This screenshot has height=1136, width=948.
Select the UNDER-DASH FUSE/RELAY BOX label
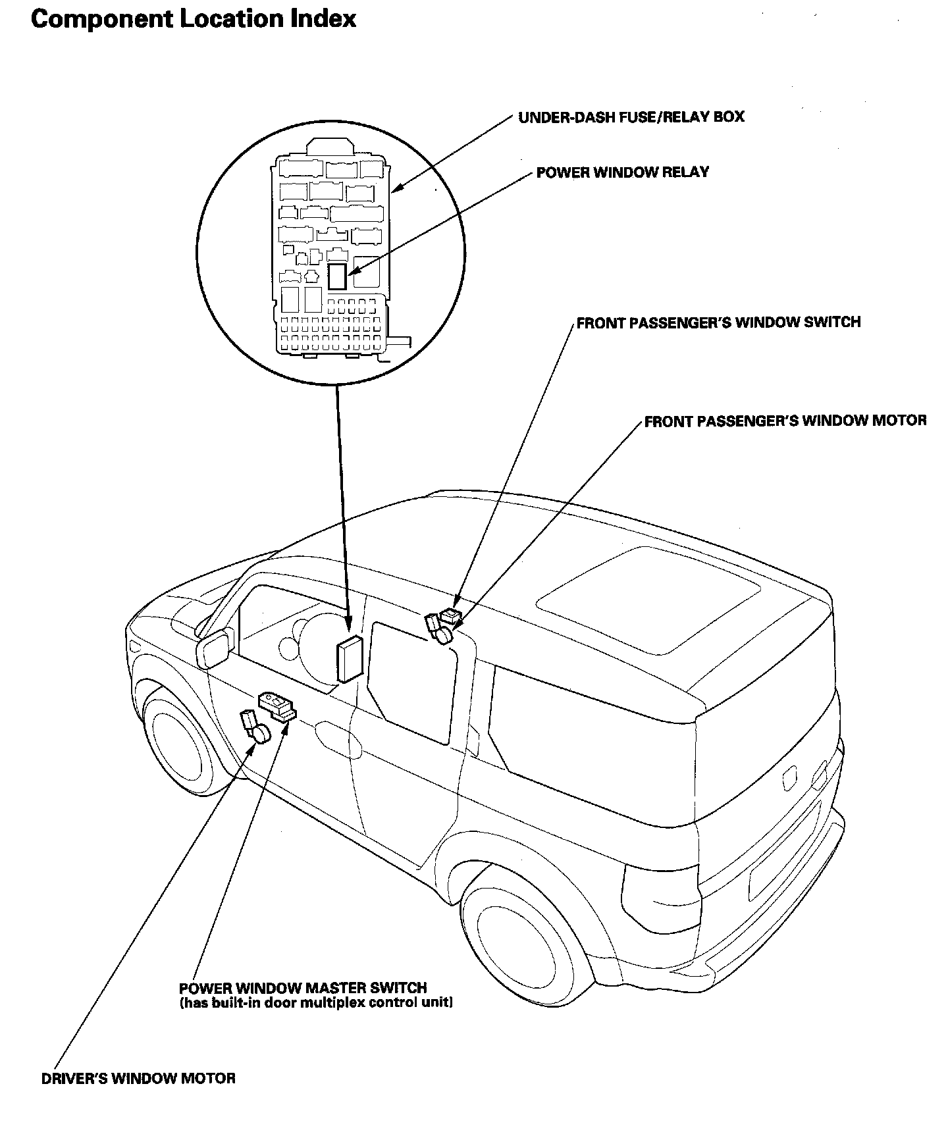click(631, 117)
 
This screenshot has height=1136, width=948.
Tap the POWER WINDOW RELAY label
click(623, 172)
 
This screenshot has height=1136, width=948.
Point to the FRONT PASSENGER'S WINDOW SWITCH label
click(718, 323)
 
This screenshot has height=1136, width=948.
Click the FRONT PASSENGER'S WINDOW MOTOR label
click(785, 421)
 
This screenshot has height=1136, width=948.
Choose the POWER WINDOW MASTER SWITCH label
click(303, 988)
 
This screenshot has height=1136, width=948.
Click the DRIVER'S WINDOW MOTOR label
click(138, 1079)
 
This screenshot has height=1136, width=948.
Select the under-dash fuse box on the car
click(350, 658)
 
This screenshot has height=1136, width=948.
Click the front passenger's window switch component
click(451, 616)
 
